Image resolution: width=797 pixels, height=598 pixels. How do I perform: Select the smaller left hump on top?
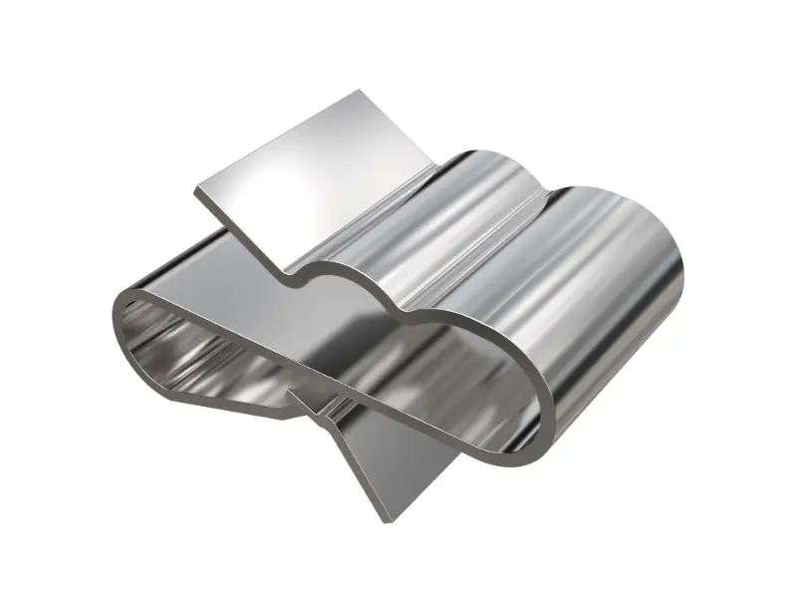click(468, 184)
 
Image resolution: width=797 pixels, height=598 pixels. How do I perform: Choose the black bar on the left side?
click(47, 299)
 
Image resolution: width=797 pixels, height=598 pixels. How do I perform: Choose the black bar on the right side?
click(749, 299)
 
